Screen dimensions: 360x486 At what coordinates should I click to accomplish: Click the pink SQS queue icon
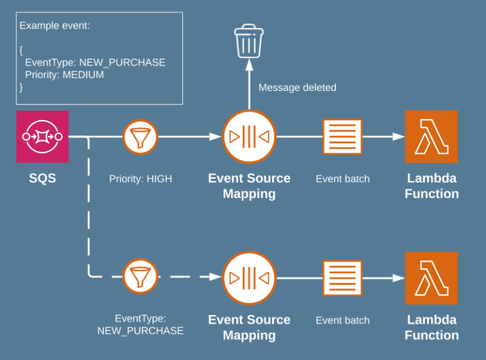pyautogui.click(x=42, y=136)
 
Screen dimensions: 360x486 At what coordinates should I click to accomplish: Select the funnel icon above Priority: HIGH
pyautogui.click(x=140, y=137)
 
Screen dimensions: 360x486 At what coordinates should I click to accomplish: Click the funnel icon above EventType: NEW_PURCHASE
pyautogui.click(x=140, y=276)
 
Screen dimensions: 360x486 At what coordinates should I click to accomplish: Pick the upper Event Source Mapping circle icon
pyautogui.click(x=249, y=137)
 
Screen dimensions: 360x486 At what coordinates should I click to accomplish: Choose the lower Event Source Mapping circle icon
pyautogui.click(x=249, y=278)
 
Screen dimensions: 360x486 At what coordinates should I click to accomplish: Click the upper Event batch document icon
pyautogui.click(x=342, y=137)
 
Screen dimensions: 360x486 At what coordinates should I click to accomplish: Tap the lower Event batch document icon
pyautogui.click(x=342, y=278)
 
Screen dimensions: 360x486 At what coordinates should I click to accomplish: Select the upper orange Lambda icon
pyautogui.click(x=432, y=137)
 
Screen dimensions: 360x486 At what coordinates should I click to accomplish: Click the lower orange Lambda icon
pyautogui.click(x=432, y=278)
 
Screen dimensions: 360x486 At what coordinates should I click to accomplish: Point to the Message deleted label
pyautogui.click(x=297, y=88)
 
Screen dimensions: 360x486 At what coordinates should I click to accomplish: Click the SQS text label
pyautogui.click(x=42, y=178)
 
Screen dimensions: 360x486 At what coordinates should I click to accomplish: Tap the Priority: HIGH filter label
pyautogui.click(x=140, y=179)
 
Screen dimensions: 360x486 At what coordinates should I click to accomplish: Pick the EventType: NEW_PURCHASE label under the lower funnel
pyautogui.click(x=140, y=325)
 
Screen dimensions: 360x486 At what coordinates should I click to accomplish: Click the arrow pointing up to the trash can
pyautogui.click(x=249, y=82)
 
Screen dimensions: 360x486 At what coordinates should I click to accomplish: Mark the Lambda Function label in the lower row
pyautogui.click(x=432, y=327)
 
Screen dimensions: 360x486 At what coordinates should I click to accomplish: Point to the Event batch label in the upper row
pyautogui.click(x=342, y=179)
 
